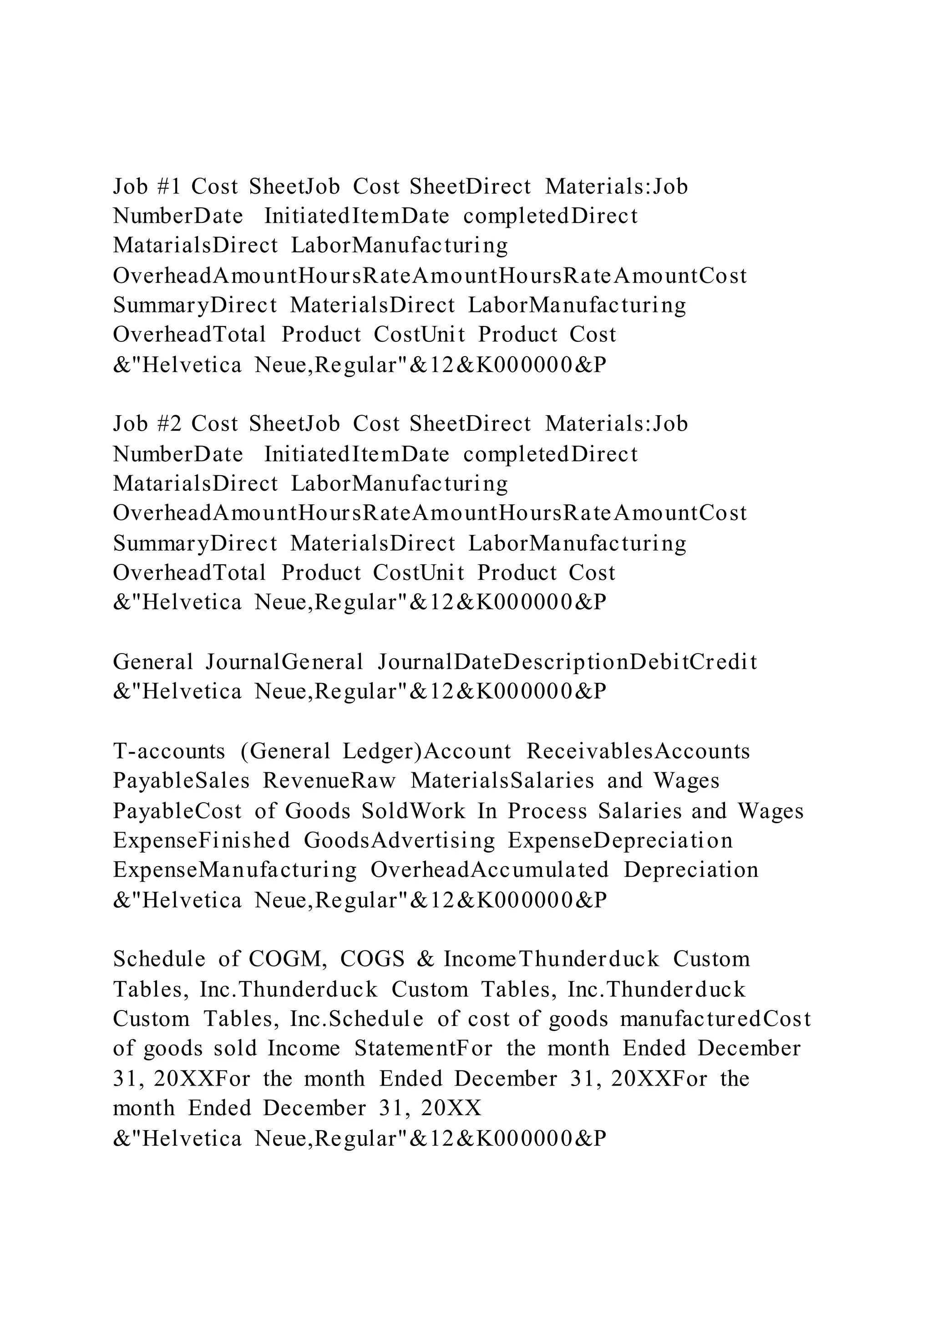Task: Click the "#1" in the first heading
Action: pos(169,186)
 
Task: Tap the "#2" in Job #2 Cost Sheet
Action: pos(169,424)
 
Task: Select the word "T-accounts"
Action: pos(169,751)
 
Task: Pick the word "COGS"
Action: pos(372,959)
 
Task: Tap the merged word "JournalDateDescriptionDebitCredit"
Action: pos(567,662)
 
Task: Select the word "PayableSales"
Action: pos(182,781)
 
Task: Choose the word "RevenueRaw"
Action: pos(329,781)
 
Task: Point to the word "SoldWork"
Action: pos(414,811)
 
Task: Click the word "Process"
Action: pos(547,811)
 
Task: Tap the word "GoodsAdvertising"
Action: pos(400,840)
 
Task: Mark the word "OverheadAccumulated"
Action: pos(490,870)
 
